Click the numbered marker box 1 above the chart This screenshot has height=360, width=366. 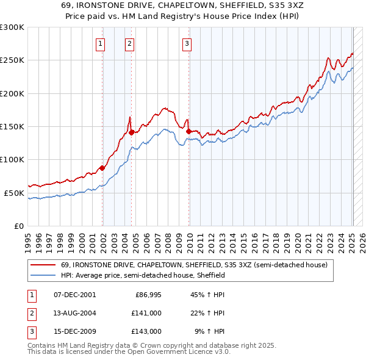tap(100, 43)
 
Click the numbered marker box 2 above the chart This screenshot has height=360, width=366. tap(130, 43)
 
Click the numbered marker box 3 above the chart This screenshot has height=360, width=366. tap(187, 43)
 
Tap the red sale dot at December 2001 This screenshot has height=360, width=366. tap(102, 168)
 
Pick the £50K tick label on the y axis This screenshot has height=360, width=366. tap(14, 193)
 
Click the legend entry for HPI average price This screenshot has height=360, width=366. tap(143, 275)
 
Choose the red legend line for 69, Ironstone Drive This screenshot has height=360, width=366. tap(44, 265)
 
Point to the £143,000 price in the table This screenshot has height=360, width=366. tap(147, 331)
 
